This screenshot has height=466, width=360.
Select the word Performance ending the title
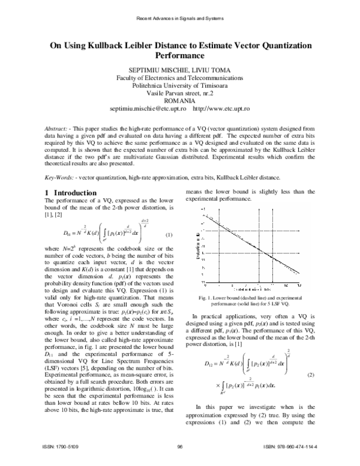(180, 54)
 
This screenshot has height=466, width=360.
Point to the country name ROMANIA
(180, 101)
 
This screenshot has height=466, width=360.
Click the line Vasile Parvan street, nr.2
(180, 94)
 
